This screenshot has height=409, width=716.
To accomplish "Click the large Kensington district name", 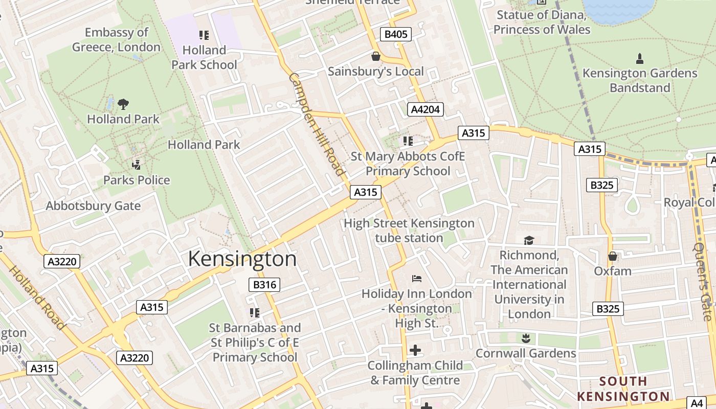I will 242,259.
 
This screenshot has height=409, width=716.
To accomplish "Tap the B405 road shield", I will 396,34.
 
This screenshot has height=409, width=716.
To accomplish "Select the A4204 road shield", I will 425,109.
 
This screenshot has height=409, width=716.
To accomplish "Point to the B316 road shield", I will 264,285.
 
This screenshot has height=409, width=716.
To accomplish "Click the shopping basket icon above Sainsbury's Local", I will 376,56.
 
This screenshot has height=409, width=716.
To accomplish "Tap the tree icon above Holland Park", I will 123,104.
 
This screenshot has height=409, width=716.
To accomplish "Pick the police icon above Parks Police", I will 137,165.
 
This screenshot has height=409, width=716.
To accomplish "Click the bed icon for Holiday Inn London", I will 417,279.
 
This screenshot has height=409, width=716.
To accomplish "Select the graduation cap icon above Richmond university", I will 529,240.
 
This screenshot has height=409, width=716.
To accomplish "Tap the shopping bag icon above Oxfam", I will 613,256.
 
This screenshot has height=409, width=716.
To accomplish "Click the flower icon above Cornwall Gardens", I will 525,338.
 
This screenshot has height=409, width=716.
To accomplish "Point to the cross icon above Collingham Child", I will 415,350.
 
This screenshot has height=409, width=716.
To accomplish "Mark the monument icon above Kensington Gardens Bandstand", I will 640,58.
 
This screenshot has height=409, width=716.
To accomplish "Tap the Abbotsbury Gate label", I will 93,206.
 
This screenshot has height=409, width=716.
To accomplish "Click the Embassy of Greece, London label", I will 116,40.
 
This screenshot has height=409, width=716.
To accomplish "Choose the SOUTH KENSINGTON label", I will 623,389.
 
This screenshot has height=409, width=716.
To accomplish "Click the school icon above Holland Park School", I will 204,35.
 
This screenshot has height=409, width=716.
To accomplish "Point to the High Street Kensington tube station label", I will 409,231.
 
